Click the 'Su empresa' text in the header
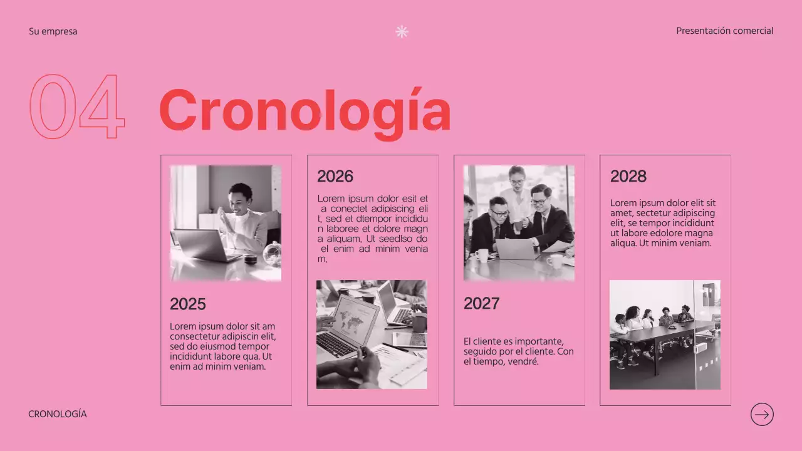[x=53, y=31]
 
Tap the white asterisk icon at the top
[x=402, y=31]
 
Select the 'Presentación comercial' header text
[x=724, y=31]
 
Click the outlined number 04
[x=77, y=106]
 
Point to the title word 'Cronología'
[x=305, y=111]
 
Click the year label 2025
[x=187, y=304]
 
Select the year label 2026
[x=335, y=176]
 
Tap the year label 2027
[x=481, y=304]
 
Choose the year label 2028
[x=628, y=176]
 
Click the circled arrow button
[x=762, y=414]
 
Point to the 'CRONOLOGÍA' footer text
[x=58, y=414]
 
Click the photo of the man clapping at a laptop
[x=226, y=223]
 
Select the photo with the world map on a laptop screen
[x=372, y=334]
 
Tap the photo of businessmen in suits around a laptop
[x=519, y=223]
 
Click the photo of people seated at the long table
[x=665, y=334]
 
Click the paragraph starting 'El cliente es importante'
[x=518, y=351]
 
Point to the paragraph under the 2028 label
[x=662, y=223]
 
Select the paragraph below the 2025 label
[x=222, y=346]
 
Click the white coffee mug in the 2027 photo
[x=481, y=255]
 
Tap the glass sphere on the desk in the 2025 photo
[x=272, y=254]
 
